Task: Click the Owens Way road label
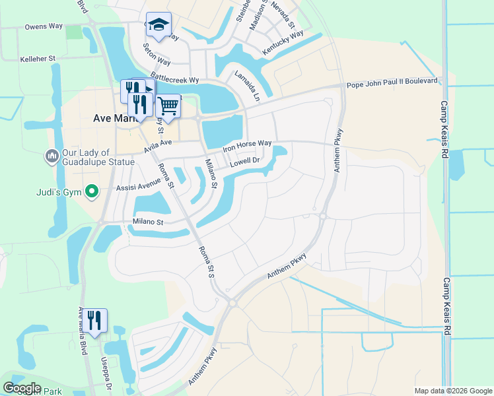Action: click(x=44, y=26)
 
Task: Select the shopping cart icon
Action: click(x=168, y=106)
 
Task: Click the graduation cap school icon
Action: click(x=159, y=25)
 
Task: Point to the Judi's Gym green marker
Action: click(x=93, y=193)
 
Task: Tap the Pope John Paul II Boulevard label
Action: click(x=392, y=81)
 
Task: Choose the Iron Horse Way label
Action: click(x=247, y=145)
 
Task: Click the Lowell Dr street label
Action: click(x=248, y=160)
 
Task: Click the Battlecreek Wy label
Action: click(x=174, y=78)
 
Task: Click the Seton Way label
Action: click(x=157, y=54)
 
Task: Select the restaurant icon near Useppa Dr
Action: click(x=94, y=321)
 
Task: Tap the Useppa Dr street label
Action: click(x=106, y=372)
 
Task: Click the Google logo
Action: click(x=22, y=388)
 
